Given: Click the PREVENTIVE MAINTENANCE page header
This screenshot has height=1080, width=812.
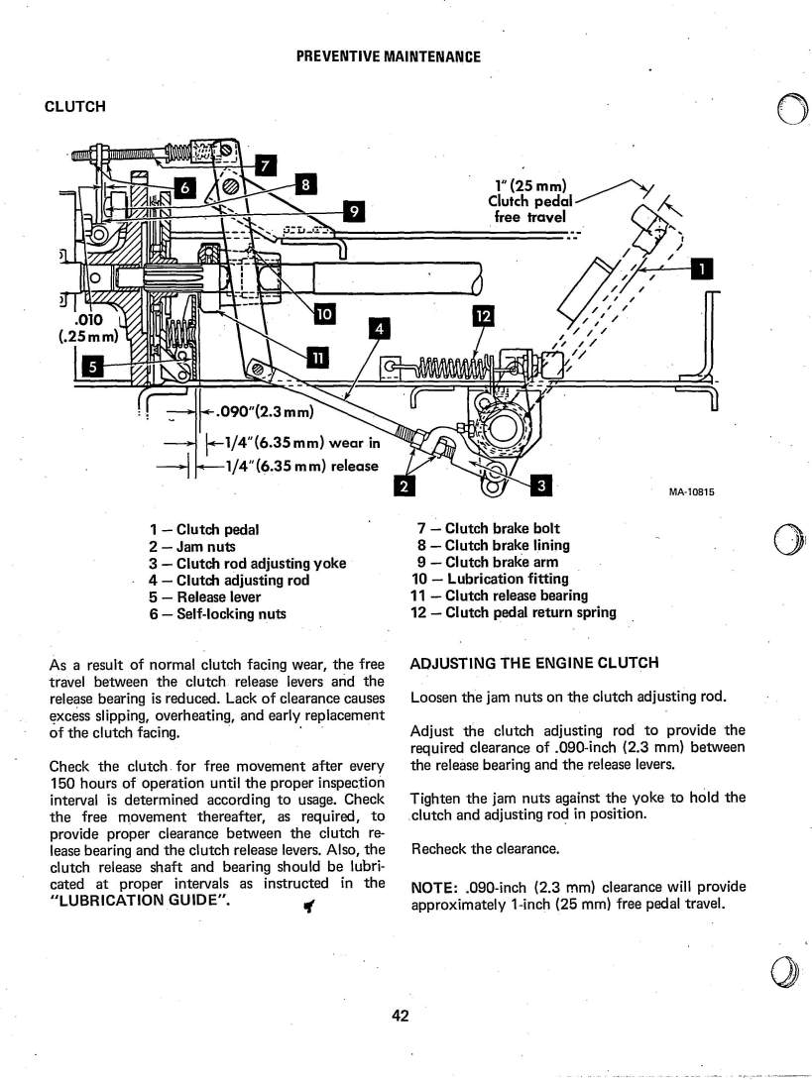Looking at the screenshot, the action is tap(388, 56).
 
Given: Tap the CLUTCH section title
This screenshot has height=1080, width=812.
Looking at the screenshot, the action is tap(75, 107).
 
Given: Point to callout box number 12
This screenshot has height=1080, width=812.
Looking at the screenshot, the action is tap(484, 316).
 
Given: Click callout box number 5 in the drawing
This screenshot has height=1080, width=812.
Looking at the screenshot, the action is tap(92, 366).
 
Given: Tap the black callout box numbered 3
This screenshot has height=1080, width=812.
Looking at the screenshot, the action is tap(541, 486).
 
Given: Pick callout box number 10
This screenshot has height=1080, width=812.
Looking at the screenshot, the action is tap(324, 314).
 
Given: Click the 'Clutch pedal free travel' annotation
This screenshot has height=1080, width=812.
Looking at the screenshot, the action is tap(530, 201).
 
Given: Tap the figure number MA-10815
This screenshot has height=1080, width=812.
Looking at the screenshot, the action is tap(691, 491).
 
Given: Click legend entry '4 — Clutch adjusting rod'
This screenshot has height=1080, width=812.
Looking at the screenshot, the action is tap(230, 581).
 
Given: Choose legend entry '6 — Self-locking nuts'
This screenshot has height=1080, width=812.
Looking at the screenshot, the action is tap(218, 613).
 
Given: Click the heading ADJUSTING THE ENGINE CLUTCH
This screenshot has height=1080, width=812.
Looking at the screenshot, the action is tap(535, 663).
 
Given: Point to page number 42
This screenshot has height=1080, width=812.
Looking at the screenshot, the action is tap(401, 1016).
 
